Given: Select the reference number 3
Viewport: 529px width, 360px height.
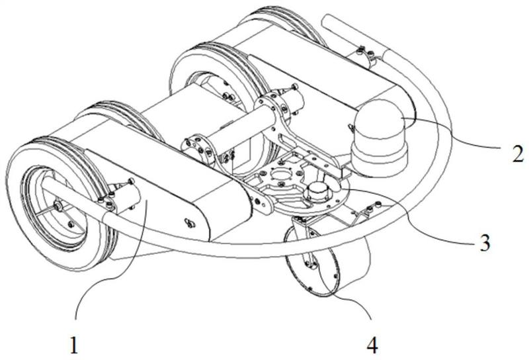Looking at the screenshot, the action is point(485,243).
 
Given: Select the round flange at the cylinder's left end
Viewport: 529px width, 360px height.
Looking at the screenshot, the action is point(199,147).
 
